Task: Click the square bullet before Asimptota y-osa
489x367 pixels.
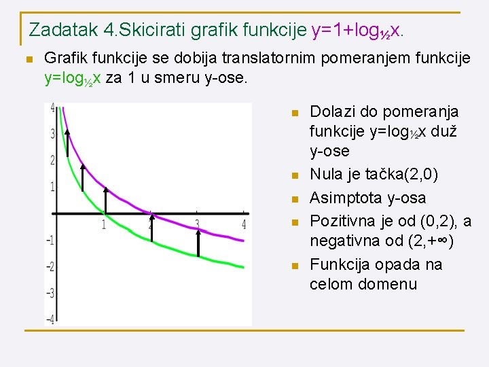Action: tap(294, 199)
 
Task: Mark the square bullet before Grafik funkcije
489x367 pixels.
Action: tap(28, 60)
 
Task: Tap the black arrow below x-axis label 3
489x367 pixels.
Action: tap(198, 242)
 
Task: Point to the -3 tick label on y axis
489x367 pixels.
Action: tap(50, 293)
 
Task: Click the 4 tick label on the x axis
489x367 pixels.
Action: tap(244, 224)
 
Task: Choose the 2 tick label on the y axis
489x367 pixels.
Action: tap(52, 160)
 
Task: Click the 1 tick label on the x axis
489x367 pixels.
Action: tap(104, 224)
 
